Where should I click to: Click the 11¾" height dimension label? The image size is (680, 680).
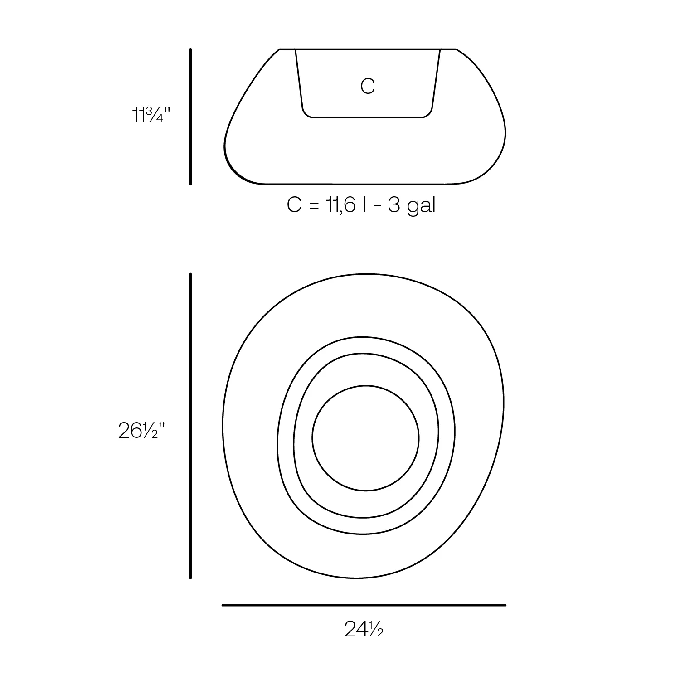151,115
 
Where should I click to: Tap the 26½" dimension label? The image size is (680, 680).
141,430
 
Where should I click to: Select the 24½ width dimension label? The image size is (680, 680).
364,629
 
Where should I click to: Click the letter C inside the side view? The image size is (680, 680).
368,86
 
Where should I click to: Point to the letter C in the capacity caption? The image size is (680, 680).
294,205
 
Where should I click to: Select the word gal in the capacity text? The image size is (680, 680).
421,206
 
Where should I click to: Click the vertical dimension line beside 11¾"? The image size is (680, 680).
190,117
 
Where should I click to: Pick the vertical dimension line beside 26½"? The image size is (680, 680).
190,426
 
